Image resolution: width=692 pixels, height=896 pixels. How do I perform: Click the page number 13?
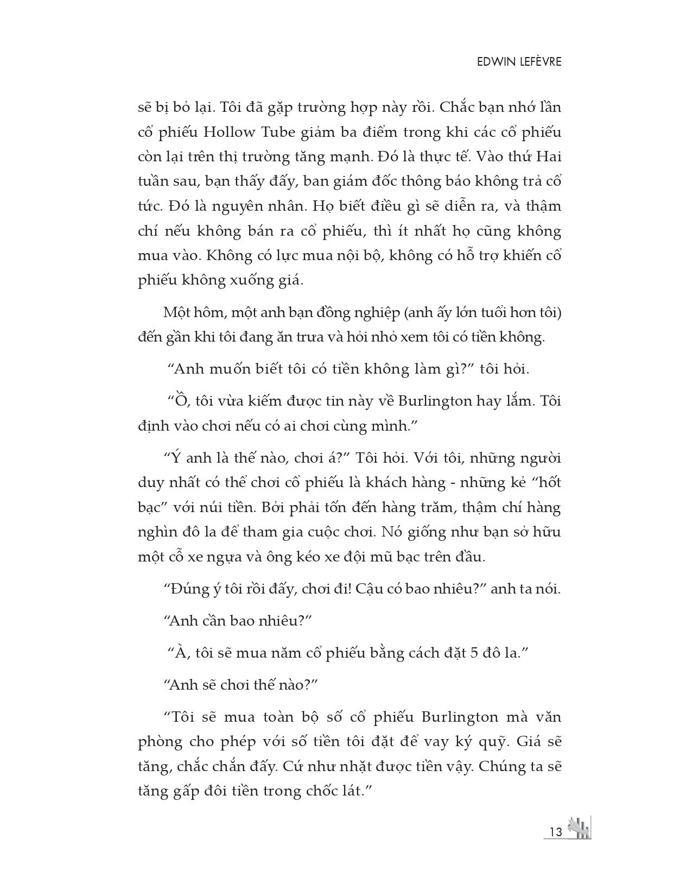point(555,832)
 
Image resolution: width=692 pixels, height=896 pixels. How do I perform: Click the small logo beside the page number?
point(579,829)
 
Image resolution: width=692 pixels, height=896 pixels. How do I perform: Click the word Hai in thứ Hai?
point(549,157)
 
